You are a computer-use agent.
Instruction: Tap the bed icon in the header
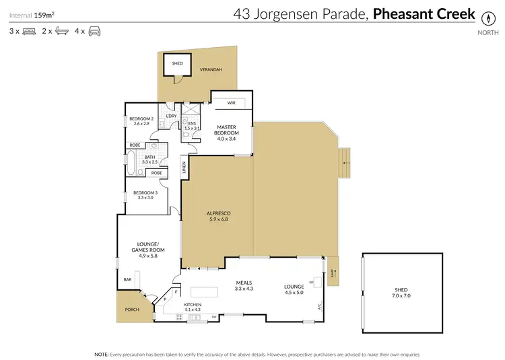(28, 31)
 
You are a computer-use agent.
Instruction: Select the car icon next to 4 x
(94, 31)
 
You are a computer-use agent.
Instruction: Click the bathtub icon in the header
(61, 31)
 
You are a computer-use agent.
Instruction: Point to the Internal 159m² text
(32, 13)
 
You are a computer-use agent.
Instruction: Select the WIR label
(231, 104)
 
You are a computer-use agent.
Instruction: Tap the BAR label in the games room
(127, 279)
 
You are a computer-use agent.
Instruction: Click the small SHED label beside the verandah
(177, 64)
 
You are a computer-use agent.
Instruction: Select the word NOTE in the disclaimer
(102, 354)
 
